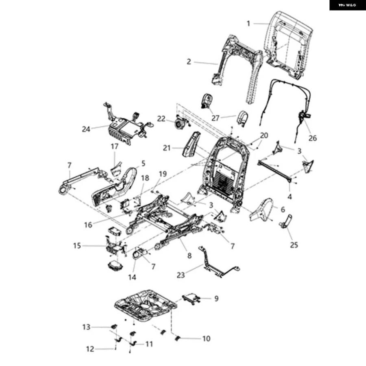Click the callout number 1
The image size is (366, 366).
[248, 24]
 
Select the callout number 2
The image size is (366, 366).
[189, 62]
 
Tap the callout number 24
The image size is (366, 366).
[86, 129]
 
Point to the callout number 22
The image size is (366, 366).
[161, 119]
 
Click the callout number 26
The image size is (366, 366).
[313, 138]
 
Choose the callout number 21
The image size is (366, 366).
[166, 148]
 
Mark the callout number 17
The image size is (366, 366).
[114, 146]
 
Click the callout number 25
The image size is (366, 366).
[294, 245]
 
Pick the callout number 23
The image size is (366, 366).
[181, 275]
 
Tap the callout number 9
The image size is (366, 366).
[216, 298]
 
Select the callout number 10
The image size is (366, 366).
[206, 338]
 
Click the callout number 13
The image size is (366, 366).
[86, 327]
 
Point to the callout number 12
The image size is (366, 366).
[90, 349]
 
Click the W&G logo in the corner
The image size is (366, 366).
[347, 5]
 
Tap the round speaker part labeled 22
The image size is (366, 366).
[179, 123]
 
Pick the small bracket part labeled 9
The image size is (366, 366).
[191, 299]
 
